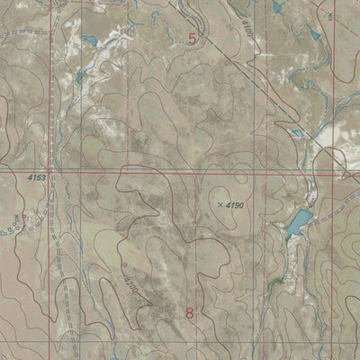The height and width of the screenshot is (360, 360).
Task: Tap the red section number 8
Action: (190, 312)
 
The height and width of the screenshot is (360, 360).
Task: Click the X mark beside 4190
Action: (220, 204)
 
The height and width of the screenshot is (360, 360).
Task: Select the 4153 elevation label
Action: (36, 178)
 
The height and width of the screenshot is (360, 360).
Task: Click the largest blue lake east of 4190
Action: (298, 220)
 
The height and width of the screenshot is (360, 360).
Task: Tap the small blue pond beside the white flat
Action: (297, 133)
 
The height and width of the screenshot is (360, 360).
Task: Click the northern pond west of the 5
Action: (87, 40)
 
